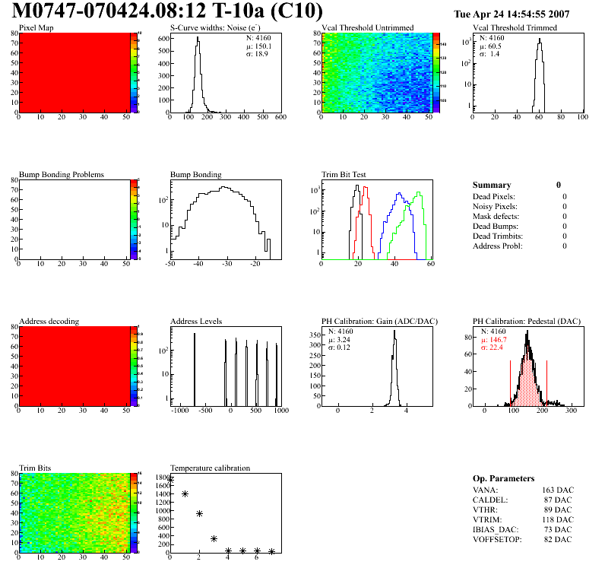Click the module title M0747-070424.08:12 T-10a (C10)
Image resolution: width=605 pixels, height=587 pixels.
coord(167,11)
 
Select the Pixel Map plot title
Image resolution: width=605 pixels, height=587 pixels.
coord(36,28)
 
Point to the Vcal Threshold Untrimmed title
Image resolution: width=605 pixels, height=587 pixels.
coord(367,28)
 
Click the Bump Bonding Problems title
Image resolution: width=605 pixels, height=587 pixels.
coord(62,175)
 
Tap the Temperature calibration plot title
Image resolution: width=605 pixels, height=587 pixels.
coord(210,468)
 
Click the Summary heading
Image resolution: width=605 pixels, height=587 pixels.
coord(492,185)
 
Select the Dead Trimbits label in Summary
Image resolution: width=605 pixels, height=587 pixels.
coord(498,236)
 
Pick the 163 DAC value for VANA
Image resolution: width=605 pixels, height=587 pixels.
coord(559,490)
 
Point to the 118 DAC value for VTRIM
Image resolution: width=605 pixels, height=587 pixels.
coord(559,519)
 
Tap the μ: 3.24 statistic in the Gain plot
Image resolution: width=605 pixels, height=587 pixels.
coord(344,340)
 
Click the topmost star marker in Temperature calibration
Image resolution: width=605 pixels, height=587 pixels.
coord(170,480)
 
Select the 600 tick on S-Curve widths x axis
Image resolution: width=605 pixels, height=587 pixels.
coord(280,118)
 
